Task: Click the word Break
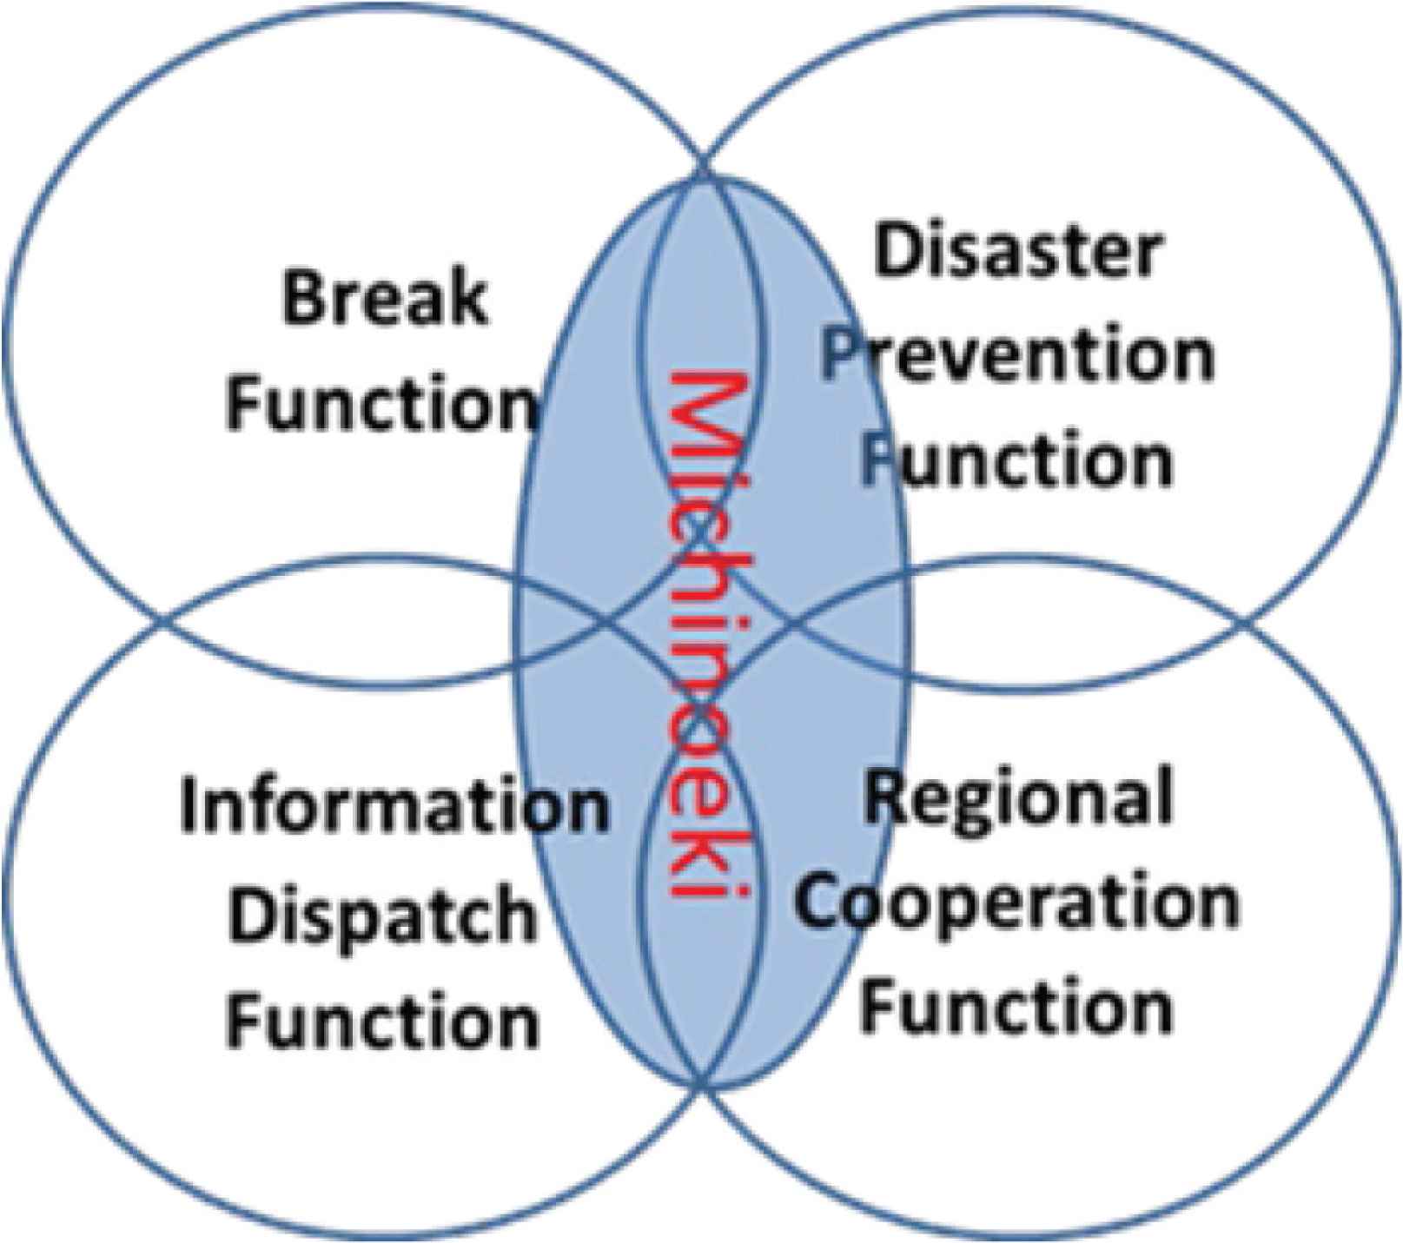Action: tap(384, 298)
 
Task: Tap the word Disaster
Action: tap(1018, 251)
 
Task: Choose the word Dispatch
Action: tap(382, 914)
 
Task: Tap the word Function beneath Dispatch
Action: tap(382, 1020)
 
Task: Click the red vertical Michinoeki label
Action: tap(703, 638)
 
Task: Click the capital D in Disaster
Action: tap(898, 251)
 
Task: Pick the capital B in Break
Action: tap(302, 298)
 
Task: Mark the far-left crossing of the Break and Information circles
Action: tap(164, 623)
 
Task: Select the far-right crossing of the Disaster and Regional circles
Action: tap(1244, 623)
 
